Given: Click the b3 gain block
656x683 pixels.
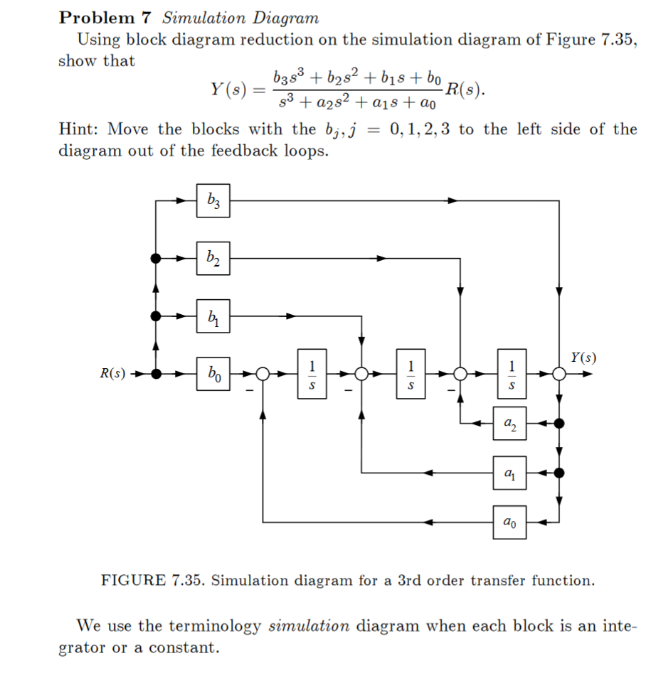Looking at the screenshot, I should (x=213, y=200).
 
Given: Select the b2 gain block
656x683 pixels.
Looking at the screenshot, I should (x=213, y=258).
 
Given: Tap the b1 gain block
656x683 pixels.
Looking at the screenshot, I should (x=213, y=315).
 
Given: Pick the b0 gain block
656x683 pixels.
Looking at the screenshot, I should (x=213, y=372).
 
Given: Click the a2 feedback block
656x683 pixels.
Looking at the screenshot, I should (x=509, y=424).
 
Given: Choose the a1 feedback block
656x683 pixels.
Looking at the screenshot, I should (x=509, y=473).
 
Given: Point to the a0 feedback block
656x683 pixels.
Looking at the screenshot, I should (x=509, y=522).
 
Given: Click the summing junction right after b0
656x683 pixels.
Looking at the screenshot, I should (x=263, y=373).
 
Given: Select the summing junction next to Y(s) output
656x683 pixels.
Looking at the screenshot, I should (x=559, y=373).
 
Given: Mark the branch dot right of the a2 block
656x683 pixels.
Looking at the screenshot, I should (x=559, y=424).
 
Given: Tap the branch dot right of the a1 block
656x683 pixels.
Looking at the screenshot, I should (x=559, y=473).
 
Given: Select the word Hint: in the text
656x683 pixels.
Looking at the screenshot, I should (x=79, y=129).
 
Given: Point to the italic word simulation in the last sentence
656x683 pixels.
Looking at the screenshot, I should (x=309, y=626).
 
